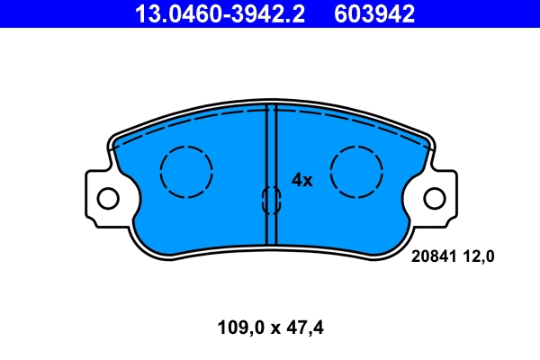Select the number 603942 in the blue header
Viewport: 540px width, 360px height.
[x=374, y=13]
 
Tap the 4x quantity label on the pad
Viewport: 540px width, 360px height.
[x=301, y=180]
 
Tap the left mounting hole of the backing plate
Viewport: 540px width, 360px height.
[x=107, y=198]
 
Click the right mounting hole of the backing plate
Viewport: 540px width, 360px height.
[x=434, y=198]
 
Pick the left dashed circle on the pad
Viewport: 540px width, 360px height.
[x=186, y=171]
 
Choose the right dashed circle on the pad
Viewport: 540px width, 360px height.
[x=356, y=171]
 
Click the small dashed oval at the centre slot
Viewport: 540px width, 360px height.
[x=271, y=201]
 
